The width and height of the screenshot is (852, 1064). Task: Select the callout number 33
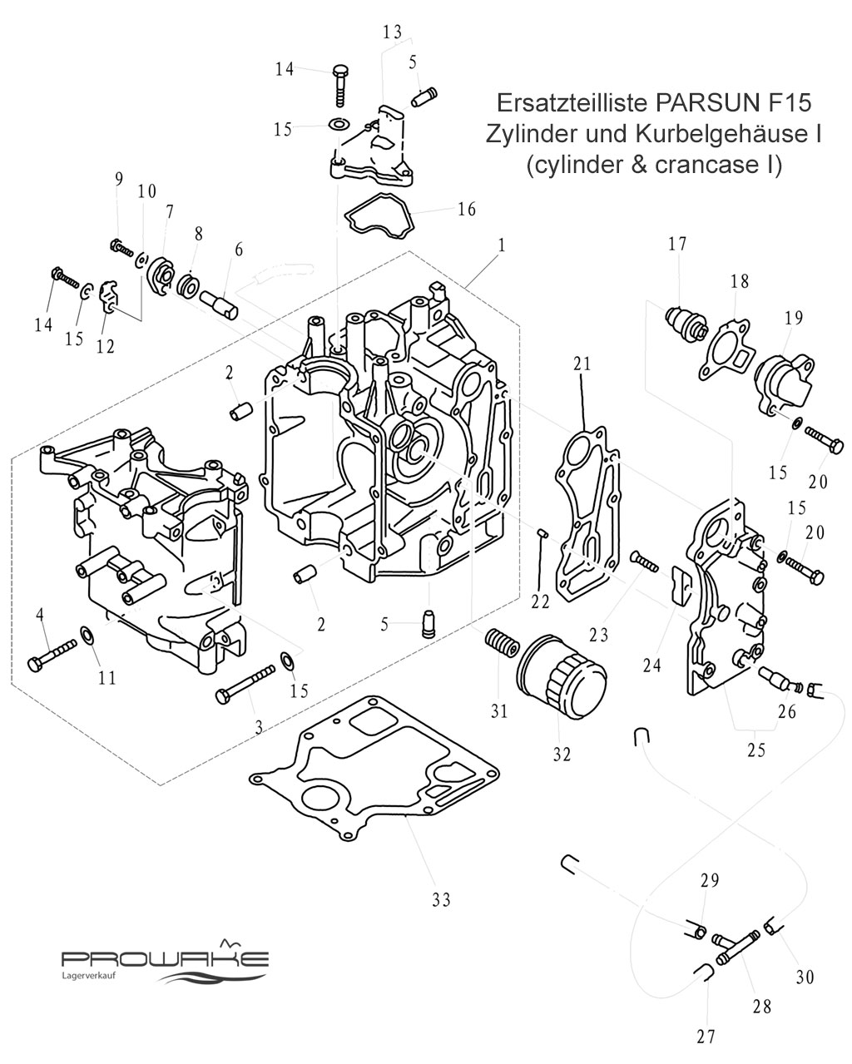pos(441,899)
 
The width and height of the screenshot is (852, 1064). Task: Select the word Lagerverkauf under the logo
pos(88,976)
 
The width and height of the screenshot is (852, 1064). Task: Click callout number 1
pos(502,245)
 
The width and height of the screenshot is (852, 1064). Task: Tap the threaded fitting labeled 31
pos(500,644)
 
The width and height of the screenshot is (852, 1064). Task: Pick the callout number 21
pos(582,364)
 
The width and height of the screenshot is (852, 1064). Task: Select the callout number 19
pos(794,318)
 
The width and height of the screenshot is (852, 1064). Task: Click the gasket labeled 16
pos(379,216)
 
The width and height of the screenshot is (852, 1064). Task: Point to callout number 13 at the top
pos(392,32)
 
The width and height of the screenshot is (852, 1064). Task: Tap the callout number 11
pos(106,677)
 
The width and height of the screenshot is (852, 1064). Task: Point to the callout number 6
pos(240,250)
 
